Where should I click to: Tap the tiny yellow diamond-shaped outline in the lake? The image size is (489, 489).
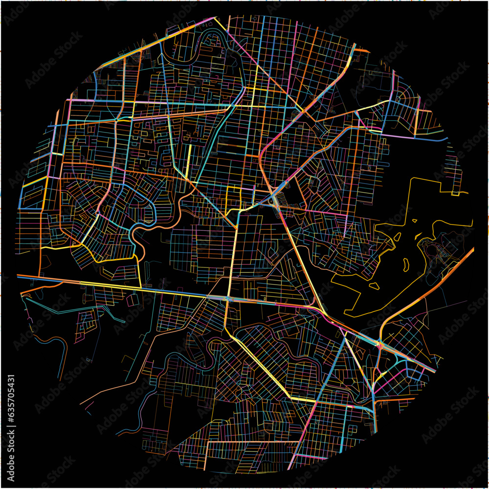[x=415, y=221]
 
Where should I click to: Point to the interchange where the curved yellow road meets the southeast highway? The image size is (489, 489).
[x=380, y=344]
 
